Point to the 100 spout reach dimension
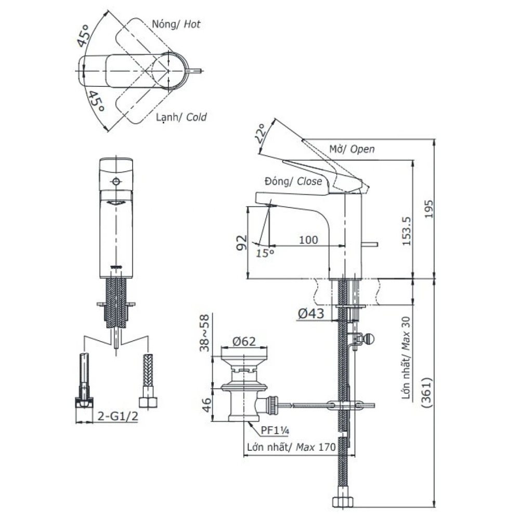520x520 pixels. click(x=308, y=240)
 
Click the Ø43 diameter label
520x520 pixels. click(x=310, y=313)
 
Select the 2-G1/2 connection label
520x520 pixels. click(x=118, y=416)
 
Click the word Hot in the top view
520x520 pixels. click(x=191, y=24)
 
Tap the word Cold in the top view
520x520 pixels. click(x=196, y=117)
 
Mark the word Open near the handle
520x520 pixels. click(x=362, y=149)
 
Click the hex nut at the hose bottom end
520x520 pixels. click(x=342, y=502)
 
